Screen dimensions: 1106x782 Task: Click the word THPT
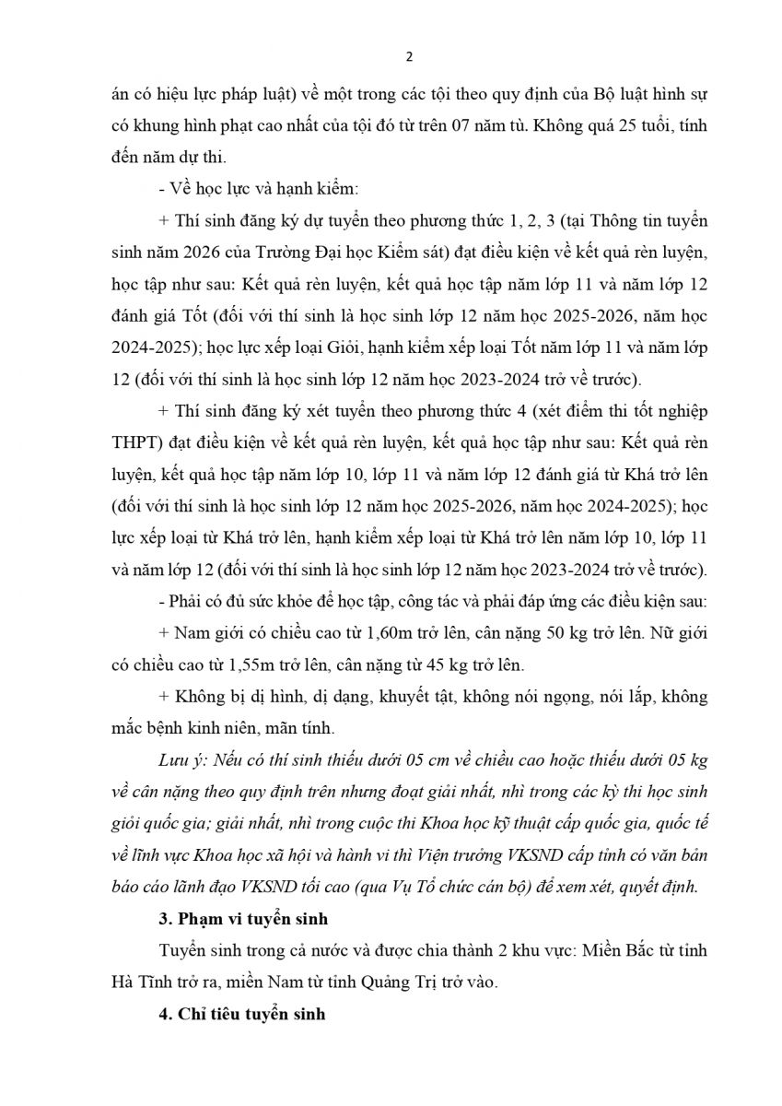click(129, 435)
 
